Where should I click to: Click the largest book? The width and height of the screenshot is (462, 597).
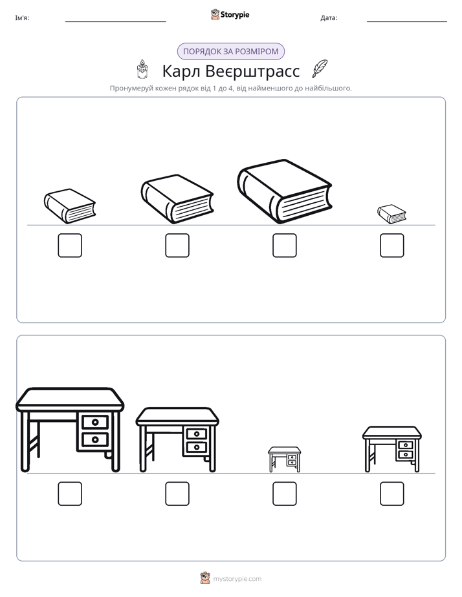pyautogui.click(x=284, y=191)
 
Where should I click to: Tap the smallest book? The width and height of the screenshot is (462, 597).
pyautogui.click(x=392, y=215)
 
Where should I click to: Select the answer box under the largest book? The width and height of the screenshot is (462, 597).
pyautogui.click(x=284, y=246)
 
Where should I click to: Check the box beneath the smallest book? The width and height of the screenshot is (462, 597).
pyautogui.click(x=392, y=246)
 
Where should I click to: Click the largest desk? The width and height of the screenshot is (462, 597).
pyautogui.click(x=70, y=430)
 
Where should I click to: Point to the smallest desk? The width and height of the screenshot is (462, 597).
pyautogui.click(x=284, y=459)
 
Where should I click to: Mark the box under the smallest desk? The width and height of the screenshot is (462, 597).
pyautogui.click(x=284, y=494)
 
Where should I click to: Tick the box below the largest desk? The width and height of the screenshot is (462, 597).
pyautogui.click(x=70, y=494)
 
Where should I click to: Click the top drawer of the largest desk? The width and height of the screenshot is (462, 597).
pyautogui.click(x=95, y=422)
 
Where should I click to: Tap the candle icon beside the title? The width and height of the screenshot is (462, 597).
pyautogui.click(x=142, y=69)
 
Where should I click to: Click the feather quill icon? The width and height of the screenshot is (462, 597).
pyautogui.click(x=320, y=69)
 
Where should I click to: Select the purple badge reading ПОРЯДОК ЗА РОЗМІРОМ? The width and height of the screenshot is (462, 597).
pyautogui.click(x=230, y=52)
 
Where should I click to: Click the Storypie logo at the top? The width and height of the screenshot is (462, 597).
pyautogui.click(x=230, y=15)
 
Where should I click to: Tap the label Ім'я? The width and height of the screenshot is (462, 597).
pyautogui.click(x=22, y=18)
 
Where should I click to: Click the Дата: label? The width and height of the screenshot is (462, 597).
pyautogui.click(x=329, y=18)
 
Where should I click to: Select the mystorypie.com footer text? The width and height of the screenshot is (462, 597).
pyautogui.click(x=237, y=579)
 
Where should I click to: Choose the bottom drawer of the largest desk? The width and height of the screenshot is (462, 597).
pyautogui.click(x=95, y=439)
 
